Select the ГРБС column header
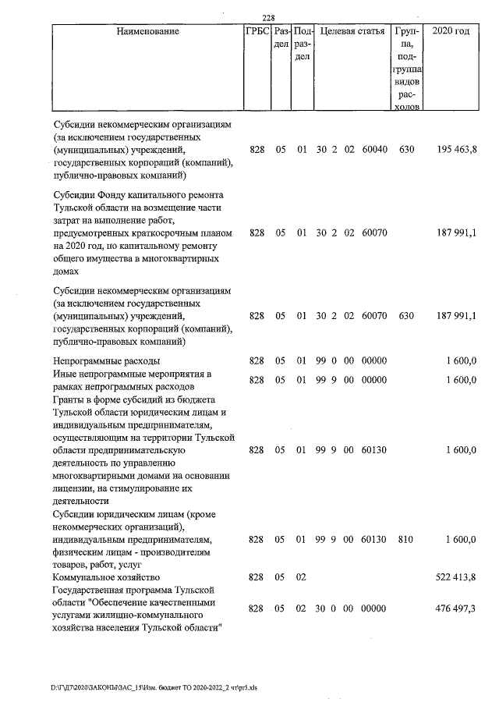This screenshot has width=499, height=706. tap(257, 32)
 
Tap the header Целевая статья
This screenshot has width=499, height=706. tap(352, 32)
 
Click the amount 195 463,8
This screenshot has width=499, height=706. tap(456, 149)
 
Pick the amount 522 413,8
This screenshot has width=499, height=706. tap(456, 577)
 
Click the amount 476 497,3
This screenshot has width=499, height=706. tap(456, 608)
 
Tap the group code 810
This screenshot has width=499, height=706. tap(405, 539)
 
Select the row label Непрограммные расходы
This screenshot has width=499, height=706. tap(106, 361)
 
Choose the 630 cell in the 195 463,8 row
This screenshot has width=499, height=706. tap(405, 149)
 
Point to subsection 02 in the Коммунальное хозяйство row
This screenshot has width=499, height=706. tap(301, 577)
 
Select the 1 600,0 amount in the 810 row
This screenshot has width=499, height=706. tap(461, 539)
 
